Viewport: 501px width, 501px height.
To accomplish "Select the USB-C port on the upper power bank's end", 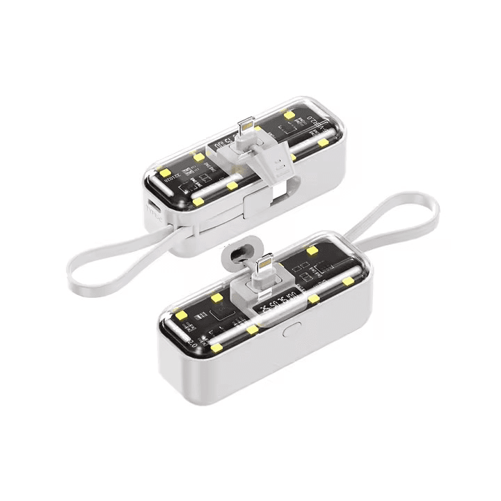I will (152, 206).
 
